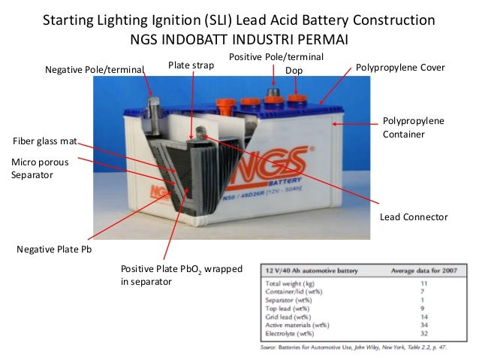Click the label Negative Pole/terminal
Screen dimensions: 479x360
94,69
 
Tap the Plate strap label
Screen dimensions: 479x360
191,66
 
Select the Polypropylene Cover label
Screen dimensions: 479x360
399,68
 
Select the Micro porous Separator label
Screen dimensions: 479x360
34,168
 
